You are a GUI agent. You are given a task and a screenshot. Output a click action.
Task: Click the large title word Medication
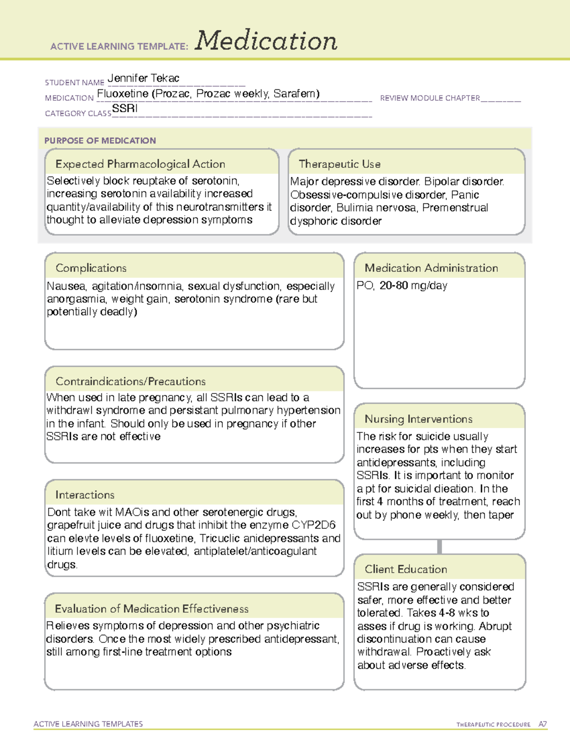266,41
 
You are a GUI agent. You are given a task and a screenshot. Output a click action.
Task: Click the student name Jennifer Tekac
143,78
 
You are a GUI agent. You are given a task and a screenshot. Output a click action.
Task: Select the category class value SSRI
125,108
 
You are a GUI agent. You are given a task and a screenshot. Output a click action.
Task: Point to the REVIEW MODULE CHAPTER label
430,98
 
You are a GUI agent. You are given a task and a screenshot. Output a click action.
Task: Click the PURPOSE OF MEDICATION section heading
100,141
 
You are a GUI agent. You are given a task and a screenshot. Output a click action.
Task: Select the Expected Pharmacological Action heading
140,164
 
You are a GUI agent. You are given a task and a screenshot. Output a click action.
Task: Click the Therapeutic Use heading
340,164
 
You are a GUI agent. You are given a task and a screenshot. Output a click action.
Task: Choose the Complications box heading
91,268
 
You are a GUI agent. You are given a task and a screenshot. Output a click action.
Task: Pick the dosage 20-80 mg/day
413,286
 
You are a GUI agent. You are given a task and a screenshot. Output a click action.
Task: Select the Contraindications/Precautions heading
131,381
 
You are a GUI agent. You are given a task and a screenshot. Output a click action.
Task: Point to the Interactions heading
85,495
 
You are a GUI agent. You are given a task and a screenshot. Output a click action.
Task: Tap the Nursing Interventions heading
418,419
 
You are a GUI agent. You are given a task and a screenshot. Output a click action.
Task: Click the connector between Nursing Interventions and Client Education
439,546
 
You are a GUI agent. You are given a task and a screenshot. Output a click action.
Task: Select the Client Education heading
406,569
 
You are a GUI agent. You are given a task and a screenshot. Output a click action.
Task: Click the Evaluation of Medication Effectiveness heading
152,609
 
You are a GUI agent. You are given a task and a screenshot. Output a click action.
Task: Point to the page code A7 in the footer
542,724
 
